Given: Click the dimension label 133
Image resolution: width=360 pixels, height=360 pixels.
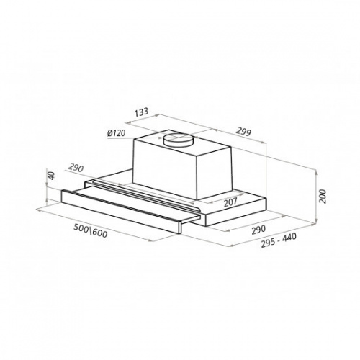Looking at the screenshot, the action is tap(141, 112).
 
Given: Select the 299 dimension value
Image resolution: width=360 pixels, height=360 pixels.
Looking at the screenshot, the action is tap(243, 132).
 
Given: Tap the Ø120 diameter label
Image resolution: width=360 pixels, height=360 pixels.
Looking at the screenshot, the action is tap(117, 132).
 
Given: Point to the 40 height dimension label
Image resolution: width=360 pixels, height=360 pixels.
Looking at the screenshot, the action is tap(52, 176).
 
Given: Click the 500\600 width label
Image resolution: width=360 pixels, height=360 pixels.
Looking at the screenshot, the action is tap(90, 230).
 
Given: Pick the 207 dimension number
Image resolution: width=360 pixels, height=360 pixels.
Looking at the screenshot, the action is tap(230, 202).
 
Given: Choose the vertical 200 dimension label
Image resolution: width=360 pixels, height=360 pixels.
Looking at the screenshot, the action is tap(323, 197).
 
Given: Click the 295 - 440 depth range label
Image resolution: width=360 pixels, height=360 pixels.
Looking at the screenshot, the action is tap(279, 240).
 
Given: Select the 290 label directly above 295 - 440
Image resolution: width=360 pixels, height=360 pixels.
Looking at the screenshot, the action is tap(258, 230).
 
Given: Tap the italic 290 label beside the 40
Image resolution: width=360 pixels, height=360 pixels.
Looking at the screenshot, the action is tap(76, 168).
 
